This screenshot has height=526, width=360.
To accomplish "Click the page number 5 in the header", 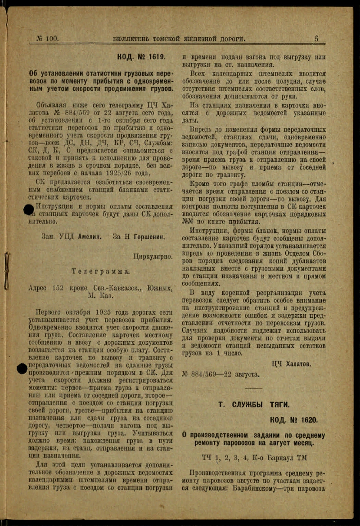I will pyautogui.click(x=316, y=39).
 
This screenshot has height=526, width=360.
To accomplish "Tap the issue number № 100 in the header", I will pyautogui.click(x=47, y=39).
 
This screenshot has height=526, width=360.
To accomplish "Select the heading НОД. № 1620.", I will pyautogui.click(x=293, y=420).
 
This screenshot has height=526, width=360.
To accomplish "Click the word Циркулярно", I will pyautogui.click(x=153, y=257).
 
